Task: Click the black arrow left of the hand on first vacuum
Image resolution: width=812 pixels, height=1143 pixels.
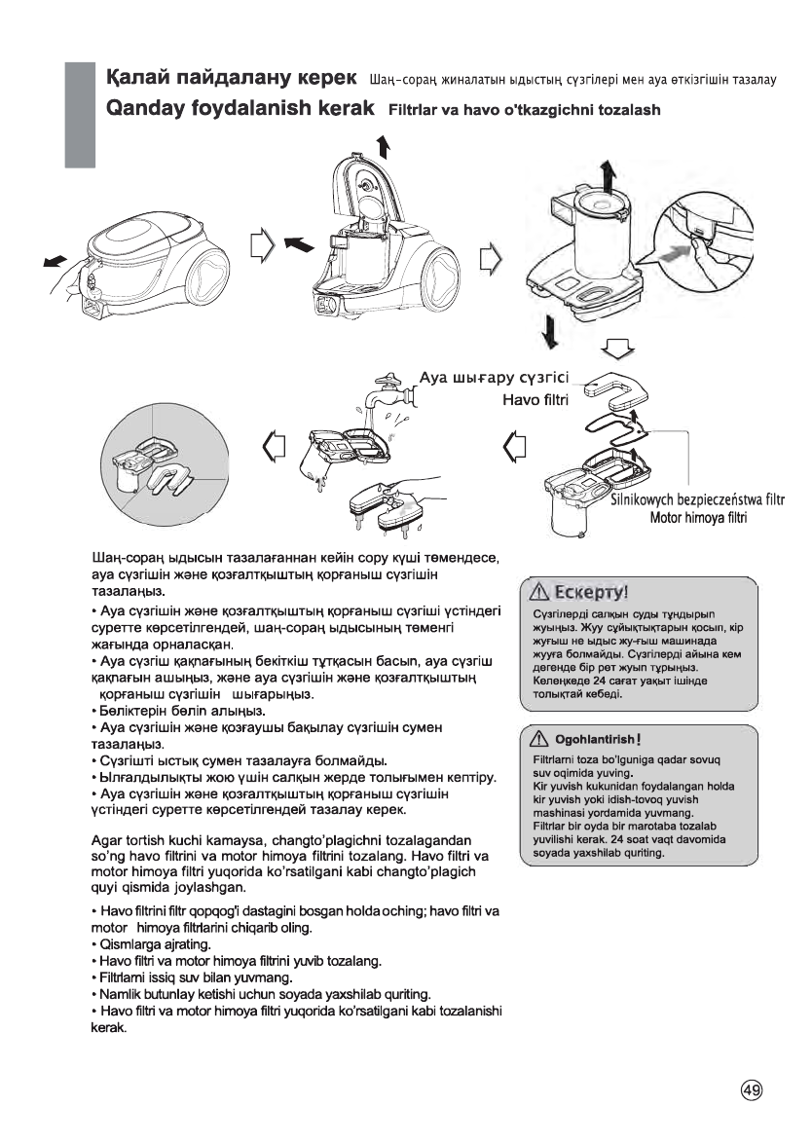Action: tap(55, 260)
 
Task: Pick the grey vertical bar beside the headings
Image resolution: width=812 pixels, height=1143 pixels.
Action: tap(79, 113)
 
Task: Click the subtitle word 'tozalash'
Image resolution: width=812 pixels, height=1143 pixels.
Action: tap(624, 109)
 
